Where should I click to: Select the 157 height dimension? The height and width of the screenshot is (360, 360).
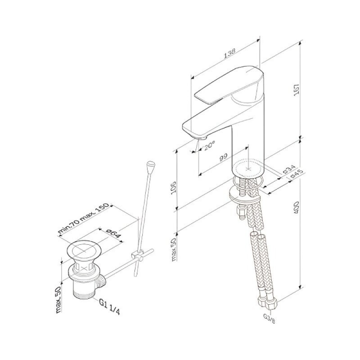coord(297,90)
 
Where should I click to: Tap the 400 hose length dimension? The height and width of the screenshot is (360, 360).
coord(297,207)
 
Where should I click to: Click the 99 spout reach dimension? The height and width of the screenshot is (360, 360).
coord(223,157)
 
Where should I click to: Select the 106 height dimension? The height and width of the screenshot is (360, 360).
coord(173,188)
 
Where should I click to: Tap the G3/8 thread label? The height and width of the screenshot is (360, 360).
coord(269,319)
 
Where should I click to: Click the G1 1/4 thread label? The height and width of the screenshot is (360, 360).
coord(109,307)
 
